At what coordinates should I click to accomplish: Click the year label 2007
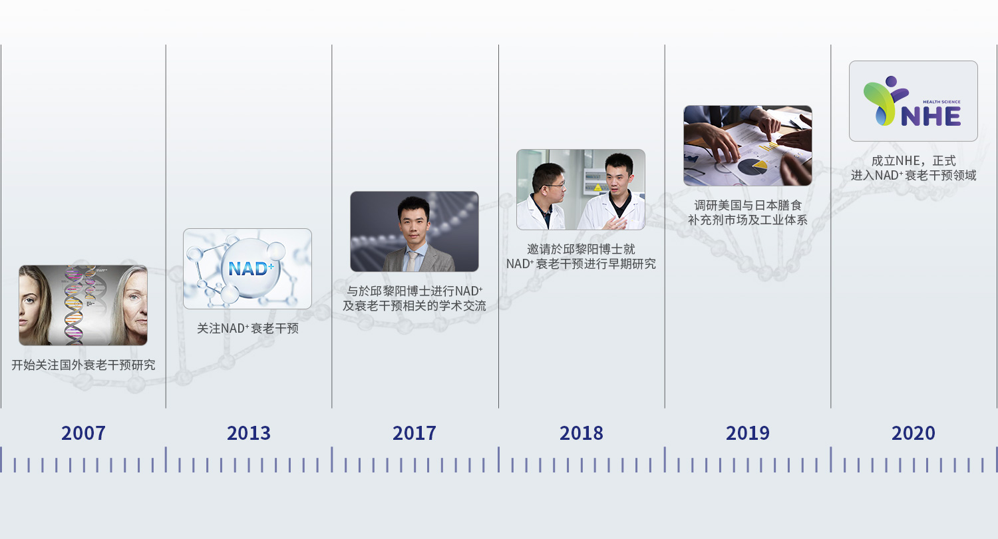(83, 433)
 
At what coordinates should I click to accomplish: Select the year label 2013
(249, 433)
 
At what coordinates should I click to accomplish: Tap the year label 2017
(415, 433)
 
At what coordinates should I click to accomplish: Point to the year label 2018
(582, 433)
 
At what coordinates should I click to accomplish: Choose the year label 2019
(748, 433)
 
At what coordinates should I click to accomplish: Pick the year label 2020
(914, 433)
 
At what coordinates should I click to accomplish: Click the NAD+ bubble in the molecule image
(251, 268)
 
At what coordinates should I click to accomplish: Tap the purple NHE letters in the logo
(931, 116)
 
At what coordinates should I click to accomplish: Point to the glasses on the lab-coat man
(555, 184)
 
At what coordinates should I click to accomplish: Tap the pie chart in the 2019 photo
(752, 166)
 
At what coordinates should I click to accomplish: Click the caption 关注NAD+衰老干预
(248, 328)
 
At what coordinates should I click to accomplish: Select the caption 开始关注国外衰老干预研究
(83, 365)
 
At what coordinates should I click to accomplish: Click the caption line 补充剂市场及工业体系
(748, 220)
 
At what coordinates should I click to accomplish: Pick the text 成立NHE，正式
(914, 160)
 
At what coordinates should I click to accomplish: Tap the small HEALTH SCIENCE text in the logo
(941, 102)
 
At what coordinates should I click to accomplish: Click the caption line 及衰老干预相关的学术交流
(415, 305)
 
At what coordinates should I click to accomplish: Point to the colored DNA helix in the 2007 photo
(74, 305)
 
